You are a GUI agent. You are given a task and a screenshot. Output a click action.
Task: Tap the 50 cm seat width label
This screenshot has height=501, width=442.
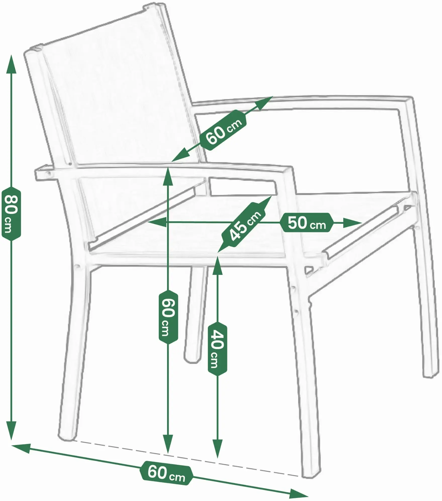(x=307, y=223)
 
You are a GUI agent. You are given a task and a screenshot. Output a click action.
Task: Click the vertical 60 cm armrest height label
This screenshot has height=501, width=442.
(x=168, y=317)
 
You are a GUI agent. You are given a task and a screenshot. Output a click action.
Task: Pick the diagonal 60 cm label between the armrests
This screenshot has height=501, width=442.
(x=224, y=131)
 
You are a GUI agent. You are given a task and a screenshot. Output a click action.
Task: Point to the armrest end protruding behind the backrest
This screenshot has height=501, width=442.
(x=44, y=173)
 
